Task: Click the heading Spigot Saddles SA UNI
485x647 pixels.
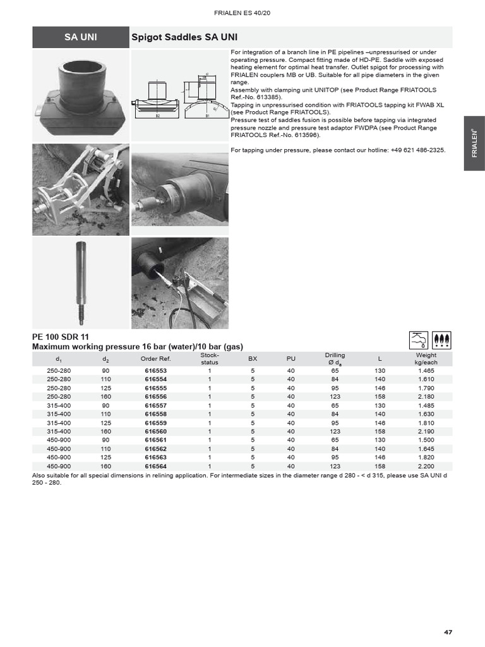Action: [x=172, y=37]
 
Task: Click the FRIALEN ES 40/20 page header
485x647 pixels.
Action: [x=242, y=13]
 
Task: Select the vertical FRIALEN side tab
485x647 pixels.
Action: [x=474, y=143]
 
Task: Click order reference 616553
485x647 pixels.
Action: [x=155, y=370]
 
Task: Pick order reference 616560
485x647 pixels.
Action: [x=155, y=432]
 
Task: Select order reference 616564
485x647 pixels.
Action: [x=155, y=466]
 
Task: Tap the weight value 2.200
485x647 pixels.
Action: [x=426, y=466]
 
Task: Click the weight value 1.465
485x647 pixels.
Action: [x=426, y=370]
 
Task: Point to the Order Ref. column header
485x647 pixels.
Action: [x=155, y=359]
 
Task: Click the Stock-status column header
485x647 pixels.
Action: [x=209, y=359]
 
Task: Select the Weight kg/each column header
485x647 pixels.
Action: [x=426, y=359]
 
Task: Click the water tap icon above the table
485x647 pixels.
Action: [x=419, y=340]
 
